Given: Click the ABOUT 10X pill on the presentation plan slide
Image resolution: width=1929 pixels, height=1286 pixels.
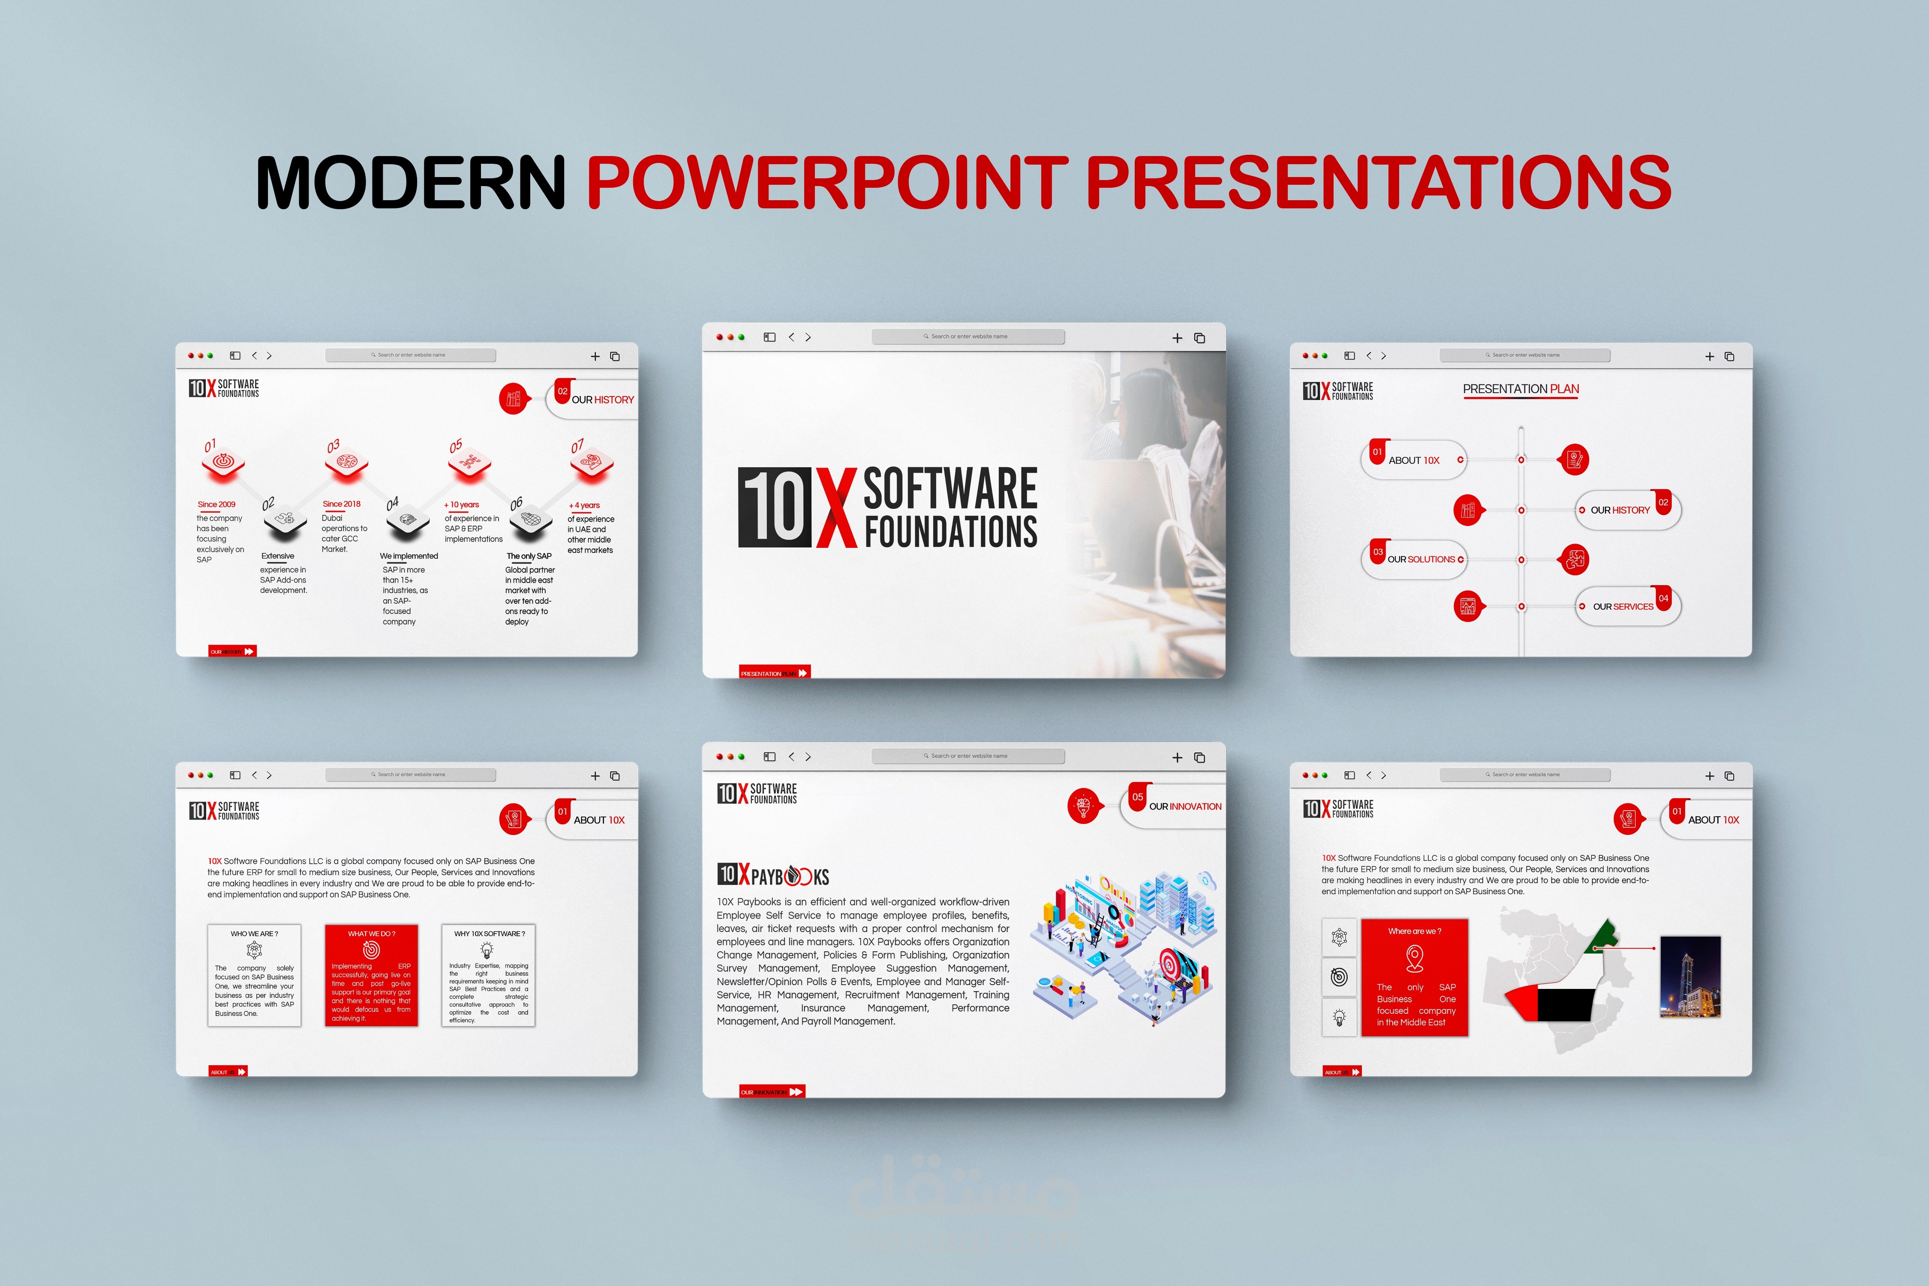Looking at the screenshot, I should tap(1414, 460).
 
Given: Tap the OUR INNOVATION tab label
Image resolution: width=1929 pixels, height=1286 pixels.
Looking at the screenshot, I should tap(1184, 806).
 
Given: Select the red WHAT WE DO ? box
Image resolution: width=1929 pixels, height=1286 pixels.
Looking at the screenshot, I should tap(372, 975).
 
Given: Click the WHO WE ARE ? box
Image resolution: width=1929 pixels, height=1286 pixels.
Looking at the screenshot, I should tap(254, 975).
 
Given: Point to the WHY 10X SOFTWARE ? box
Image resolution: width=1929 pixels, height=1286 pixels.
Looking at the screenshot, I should tap(488, 975).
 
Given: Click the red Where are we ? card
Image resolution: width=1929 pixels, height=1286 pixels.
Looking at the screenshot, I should tap(1414, 977).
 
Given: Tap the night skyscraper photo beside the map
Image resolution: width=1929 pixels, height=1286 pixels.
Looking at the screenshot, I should tap(1689, 977).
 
